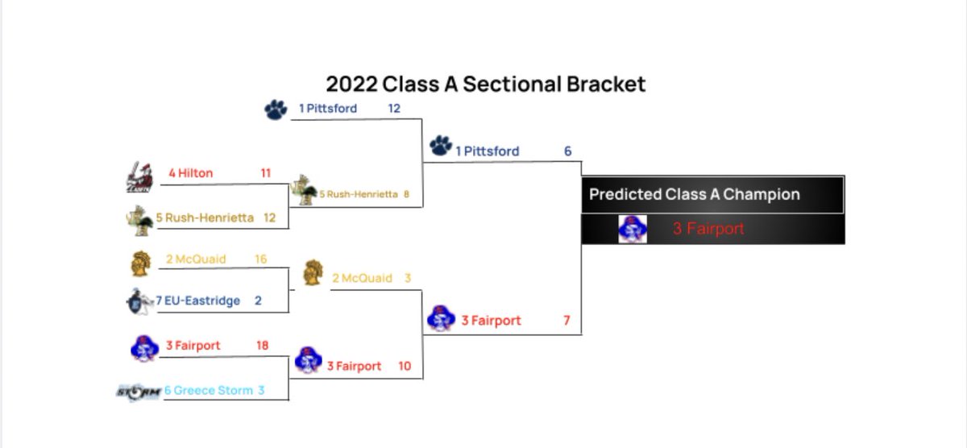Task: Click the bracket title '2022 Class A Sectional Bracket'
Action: [x=485, y=84]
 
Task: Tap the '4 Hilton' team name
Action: [x=191, y=172]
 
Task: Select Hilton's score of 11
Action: [x=266, y=172]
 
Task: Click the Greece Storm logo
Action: [x=138, y=392]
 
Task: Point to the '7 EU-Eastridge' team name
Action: [x=198, y=301]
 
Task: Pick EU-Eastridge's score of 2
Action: [x=258, y=301]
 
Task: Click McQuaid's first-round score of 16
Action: [x=261, y=259]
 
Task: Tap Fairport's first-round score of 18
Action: [x=261, y=346]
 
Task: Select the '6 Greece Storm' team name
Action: [x=208, y=391]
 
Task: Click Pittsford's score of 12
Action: [x=394, y=108]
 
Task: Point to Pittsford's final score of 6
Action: [x=567, y=151]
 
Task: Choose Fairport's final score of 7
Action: [x=567, y=321]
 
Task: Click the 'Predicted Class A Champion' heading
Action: [x=694, y=194]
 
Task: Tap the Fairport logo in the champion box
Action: [x=632, y=229]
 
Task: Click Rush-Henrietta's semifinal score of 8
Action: [x=407, y=193]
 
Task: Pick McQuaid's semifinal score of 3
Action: [x=408, y=278]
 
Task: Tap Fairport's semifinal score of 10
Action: [x=405, y=366]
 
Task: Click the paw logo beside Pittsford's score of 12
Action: [x=276, y=110]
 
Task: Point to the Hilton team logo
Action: [x=139, y=178]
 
